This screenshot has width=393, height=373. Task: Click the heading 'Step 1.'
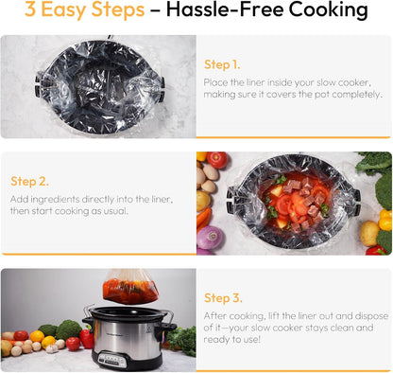pyautogui.click(x=222, y=64)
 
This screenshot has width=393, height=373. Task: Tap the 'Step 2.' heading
pyautogui.click(x=29, y=182)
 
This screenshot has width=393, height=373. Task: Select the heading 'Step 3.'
pyautogui.click(x=223, y=298)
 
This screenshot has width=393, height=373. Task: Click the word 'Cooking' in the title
pyautogui.click(x=328, y=9)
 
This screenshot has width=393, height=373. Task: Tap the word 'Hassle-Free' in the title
pyautogui.click(x=225, y=9)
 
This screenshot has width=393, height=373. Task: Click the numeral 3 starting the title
pyautogui.click(x=30, y=9)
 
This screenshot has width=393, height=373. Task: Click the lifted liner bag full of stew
pyautogui.click(x=130, y=287)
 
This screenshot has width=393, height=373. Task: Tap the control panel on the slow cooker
pyautogui.click(x=112, y=360)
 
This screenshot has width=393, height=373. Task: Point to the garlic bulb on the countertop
pyautogui.click(x=52, y=348)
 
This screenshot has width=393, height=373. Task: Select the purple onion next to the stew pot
pyautogui.click(x=210, y=238)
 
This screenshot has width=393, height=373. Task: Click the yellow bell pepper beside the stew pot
pyautogui.click(x=385, y=220)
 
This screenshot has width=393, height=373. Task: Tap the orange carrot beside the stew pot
pyautogui.click(x=203, y=219)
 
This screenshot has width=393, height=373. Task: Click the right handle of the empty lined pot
pyautogui.click(x=162, y=89)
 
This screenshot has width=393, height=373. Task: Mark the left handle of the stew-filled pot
pyautogui.click(x=231, y=200)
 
